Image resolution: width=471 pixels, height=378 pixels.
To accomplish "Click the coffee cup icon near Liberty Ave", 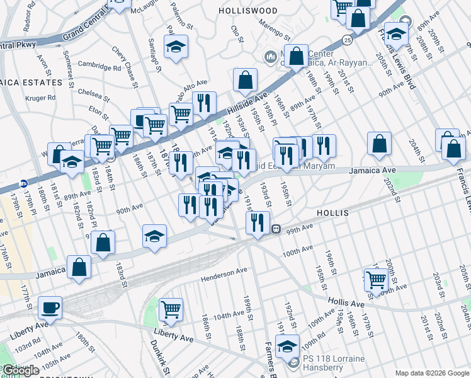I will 50,309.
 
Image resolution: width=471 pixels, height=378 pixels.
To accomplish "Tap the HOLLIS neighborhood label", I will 333,214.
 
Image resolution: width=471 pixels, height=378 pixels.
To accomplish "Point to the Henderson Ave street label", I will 224,275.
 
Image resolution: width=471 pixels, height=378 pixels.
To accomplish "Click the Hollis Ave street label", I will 346,304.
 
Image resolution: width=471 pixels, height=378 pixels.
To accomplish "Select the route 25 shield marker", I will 348,40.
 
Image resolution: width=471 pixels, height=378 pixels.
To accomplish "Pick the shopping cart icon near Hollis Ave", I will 376,278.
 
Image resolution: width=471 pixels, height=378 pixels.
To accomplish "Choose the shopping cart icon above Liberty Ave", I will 171,310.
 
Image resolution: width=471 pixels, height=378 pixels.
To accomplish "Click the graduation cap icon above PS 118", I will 287,346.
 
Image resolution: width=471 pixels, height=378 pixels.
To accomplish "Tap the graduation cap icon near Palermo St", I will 176,46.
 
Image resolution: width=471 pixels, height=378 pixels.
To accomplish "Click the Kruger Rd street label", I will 41,98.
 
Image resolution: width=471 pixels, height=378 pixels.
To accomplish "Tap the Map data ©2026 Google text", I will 431,373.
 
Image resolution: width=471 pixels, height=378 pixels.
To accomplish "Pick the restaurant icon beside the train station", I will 257,222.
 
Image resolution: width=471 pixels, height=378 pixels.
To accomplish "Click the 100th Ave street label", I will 297,252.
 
